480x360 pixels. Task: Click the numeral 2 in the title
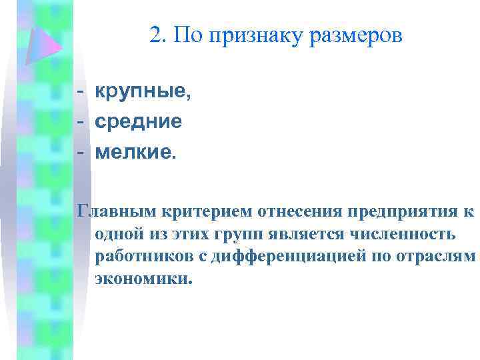click(x=156, y=35)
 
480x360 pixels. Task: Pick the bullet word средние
click(x=138, y=121)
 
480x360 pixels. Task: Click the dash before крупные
click(x=80, y=92)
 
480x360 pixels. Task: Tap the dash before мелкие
click(x=80, y=151)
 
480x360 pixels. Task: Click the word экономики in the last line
click(x=142, y=279)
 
